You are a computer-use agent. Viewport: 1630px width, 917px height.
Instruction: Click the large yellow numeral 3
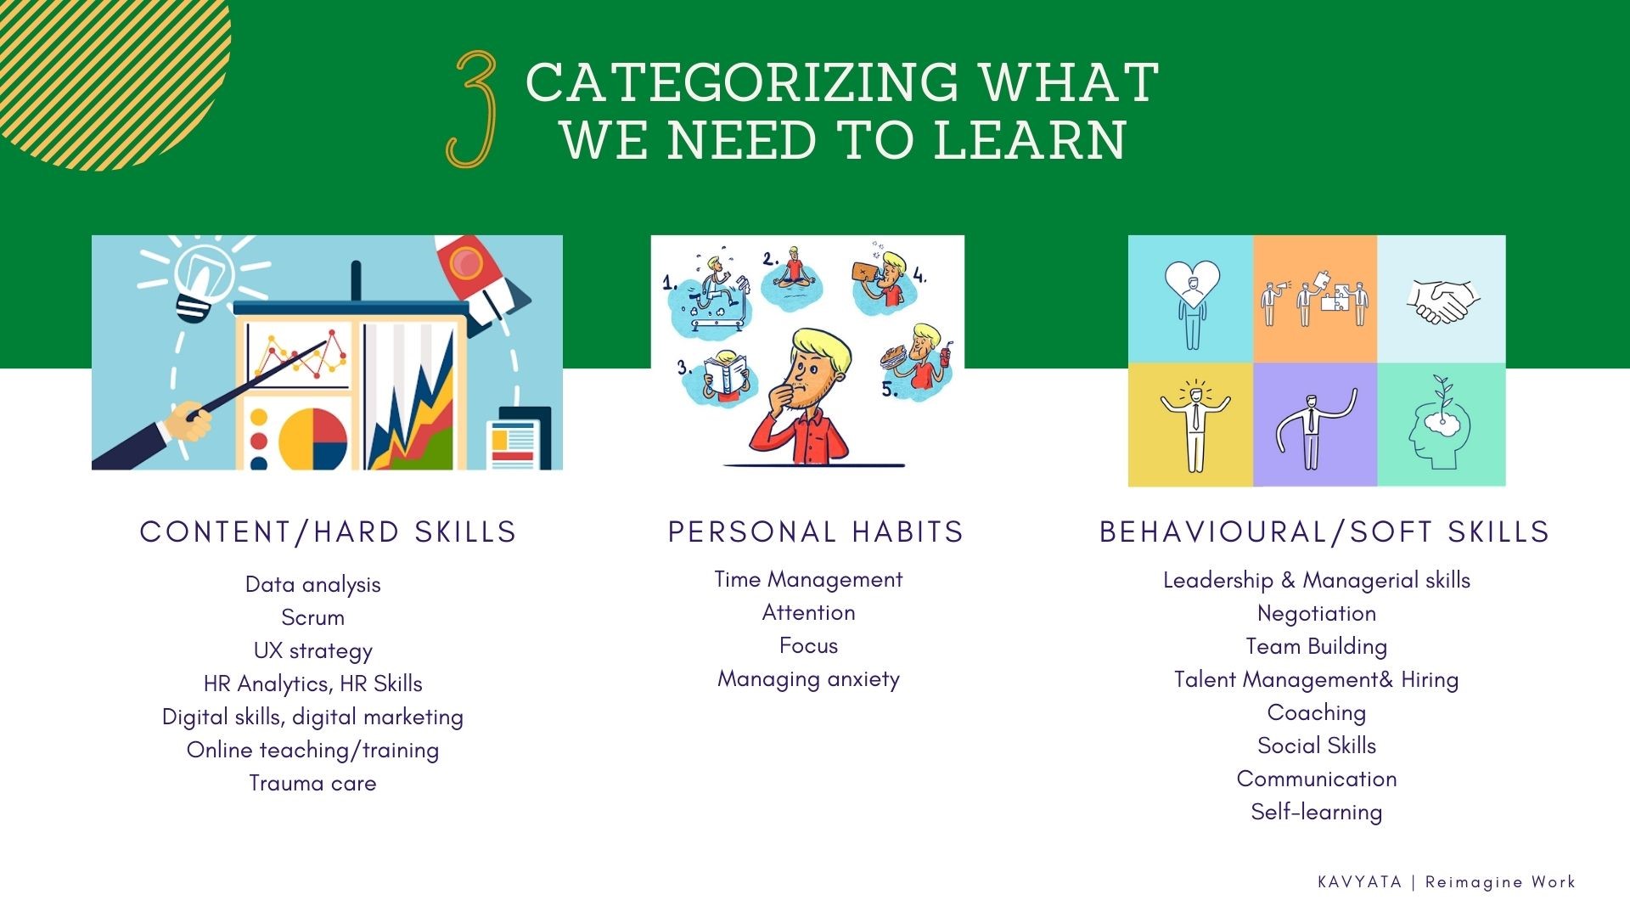tap(472, 109)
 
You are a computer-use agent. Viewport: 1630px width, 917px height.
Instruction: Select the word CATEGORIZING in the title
tap(741, 82)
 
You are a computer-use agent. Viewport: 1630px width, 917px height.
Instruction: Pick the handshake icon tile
tap(1442, 300)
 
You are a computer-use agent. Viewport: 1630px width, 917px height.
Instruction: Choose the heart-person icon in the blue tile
tap(1191, 300)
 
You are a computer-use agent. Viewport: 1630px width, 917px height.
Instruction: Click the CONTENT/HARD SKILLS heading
tap(328, 532)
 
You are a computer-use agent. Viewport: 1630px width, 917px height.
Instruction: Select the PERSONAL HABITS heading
tap(815, 532)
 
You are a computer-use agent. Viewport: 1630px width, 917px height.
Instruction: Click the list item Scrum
tap(312, 617)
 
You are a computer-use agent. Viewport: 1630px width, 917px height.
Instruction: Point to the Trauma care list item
tap(312, 783)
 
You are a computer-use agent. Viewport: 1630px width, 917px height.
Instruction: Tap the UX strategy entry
tap(312, 650)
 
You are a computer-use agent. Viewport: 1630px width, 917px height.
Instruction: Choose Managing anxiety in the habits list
tap(808, 678)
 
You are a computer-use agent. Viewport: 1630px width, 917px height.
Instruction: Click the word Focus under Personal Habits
tap(808, 645)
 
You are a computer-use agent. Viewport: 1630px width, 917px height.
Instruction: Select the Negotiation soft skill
tap(1316, 613)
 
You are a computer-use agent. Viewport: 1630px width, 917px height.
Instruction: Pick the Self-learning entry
tap(1316, 812)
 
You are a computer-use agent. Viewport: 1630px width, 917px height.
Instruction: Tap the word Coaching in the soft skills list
tap(1316, 712)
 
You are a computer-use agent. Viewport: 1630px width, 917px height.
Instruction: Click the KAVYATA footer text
tap(1359, 882)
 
